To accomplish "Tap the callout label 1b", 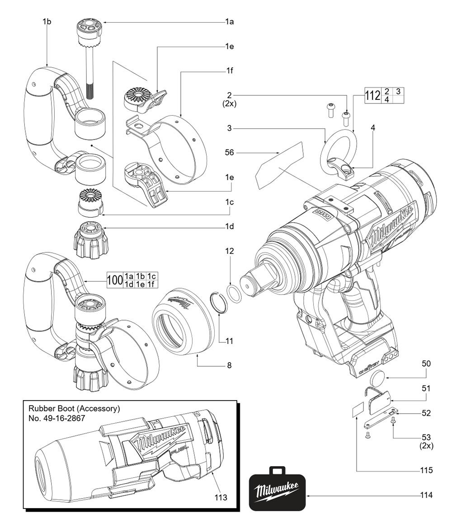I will pyautogui.click(x=47, y=21).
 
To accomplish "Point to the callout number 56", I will pyautogui.click(x=230, y=153).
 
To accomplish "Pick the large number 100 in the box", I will pyautogui.click(x=115, y=280).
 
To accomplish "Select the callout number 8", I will pyautogui.click(x=230, y=365).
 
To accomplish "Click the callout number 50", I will pyautogui.click(x=426, y=363).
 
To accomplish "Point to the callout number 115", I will pyautogui.click(x=426, y=471).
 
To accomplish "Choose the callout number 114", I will pyautogui.click(x=426, y=495).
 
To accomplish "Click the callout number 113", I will pyautogui.click(x=221, y=497).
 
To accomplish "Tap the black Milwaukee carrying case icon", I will pyautogui.click(x=278, y=490).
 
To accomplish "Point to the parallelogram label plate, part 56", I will pyautogui.click(x=279, y=165).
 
